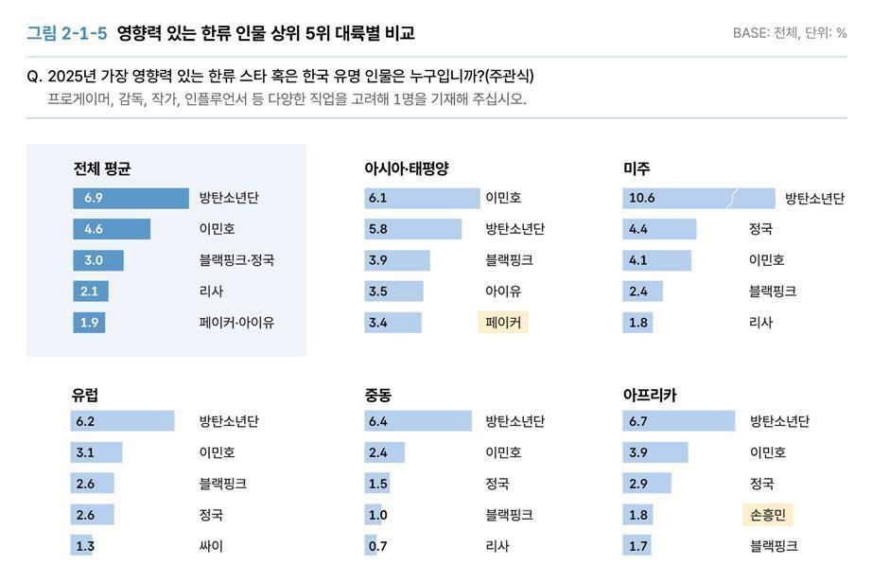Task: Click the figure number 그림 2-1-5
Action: [x=66, y=33]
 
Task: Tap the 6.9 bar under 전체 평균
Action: [x=131, y=198]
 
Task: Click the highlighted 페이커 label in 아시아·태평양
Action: [x=502, y=322]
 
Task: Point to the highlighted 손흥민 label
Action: [x=767, y=515]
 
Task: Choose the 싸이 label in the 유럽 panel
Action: [x=211, y=545]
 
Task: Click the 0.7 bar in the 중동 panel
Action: [x=371, y=545]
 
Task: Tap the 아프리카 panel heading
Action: [x=650, y=395]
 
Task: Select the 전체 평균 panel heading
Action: [x=101, y=168]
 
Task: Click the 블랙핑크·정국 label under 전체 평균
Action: [x=236, y=260]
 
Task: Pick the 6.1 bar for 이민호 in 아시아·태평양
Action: [x=422, y=198]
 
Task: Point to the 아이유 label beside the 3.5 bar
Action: [x=503, y=291]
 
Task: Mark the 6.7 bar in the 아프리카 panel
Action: [x=679, y=421]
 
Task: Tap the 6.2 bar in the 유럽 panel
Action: [x=122, y=421]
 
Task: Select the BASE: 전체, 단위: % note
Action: [x=789, y=33]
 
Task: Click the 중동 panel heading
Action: [x=378, y=395]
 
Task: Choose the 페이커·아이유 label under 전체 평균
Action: [x=236, y=322]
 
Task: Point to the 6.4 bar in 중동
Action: [x=417, y=421]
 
